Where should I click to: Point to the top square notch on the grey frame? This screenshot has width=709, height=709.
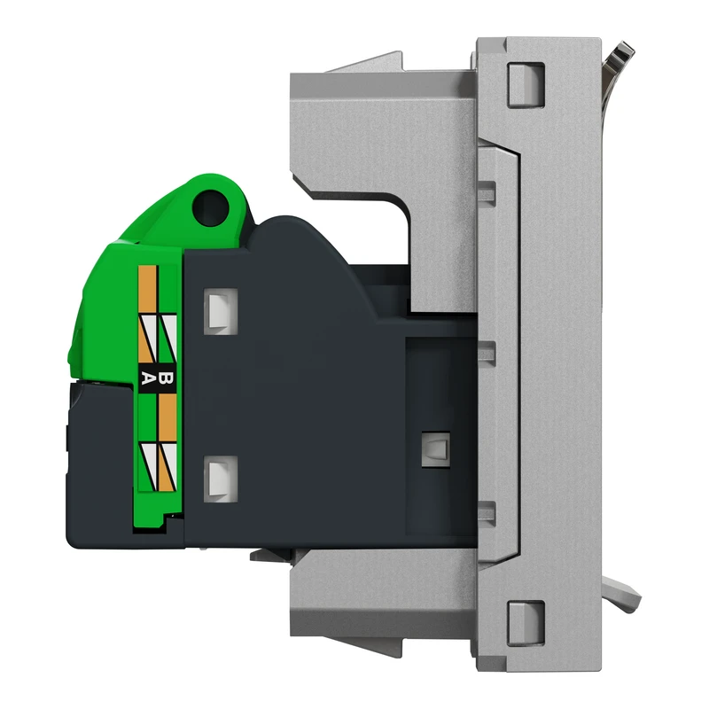coord(519,80)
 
